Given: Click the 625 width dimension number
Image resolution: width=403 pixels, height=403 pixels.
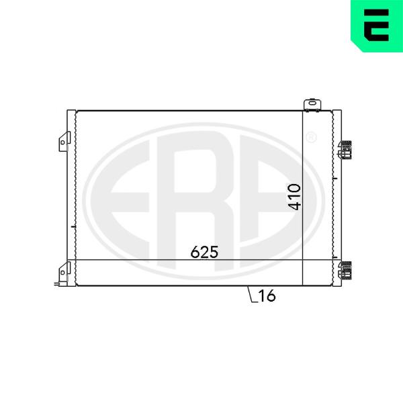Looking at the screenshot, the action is point(204,252).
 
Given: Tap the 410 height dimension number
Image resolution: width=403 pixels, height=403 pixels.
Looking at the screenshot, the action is point(295,197).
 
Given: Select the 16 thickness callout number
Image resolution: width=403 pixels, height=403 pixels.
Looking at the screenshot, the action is point(267,296).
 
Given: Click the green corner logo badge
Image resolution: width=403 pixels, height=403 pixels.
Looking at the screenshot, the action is point(377,26).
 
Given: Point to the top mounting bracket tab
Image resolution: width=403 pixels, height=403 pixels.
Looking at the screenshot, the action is point(312,105).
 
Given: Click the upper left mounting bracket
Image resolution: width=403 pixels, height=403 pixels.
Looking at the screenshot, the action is point(64,142).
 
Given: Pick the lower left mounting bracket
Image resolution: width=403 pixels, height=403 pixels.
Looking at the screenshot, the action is point(64,273).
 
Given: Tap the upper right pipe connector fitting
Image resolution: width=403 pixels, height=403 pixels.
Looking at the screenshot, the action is point(345,150).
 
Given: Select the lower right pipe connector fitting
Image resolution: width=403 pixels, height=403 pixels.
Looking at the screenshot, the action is point(345,271).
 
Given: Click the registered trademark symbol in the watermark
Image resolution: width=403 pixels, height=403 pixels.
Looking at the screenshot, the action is point(311,137).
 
